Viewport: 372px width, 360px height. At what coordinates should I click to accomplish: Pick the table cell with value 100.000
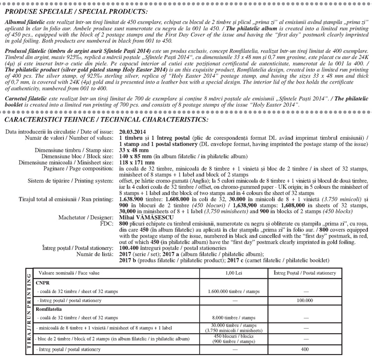[x=305, y=300]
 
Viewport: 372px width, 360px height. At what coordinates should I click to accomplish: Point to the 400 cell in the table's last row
[x=305, y=349]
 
